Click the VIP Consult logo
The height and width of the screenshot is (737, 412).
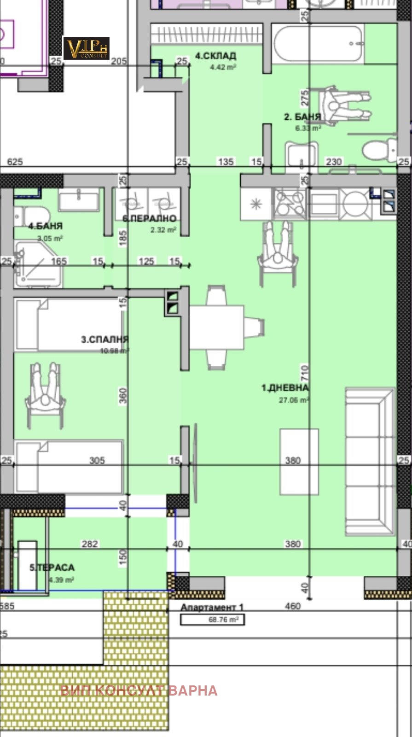pyautogui.click(x=86, y=48)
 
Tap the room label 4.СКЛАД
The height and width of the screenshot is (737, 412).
pyautogui.click(x=215, y=56)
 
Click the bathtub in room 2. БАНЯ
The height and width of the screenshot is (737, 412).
pyautogui.click(x=317, y=45)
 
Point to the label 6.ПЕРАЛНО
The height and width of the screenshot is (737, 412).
pyautogui.click(x=150, y=218)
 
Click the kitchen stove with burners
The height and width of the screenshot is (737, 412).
pyautogui.click(x=290, y=203)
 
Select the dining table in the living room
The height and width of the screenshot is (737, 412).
pyautogui.click(x=216, y=328)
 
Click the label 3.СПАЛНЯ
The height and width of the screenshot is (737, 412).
pyautogui.click(x=104, y=340)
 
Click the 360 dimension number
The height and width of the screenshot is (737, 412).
pyautogui.click(x=123, y=396)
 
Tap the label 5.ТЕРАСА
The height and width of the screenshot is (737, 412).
pyautogui.click(x=52, y=567)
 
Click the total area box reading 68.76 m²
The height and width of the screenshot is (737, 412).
pyautogui.click(x=212, y=620)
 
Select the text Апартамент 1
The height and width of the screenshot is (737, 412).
pyautogui.click(x=212, y=608)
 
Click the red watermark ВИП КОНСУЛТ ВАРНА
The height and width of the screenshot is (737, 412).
pyautogui.click(x=138, y=690)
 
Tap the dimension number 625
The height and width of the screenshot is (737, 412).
pyautogui.click(x=15, y=162)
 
